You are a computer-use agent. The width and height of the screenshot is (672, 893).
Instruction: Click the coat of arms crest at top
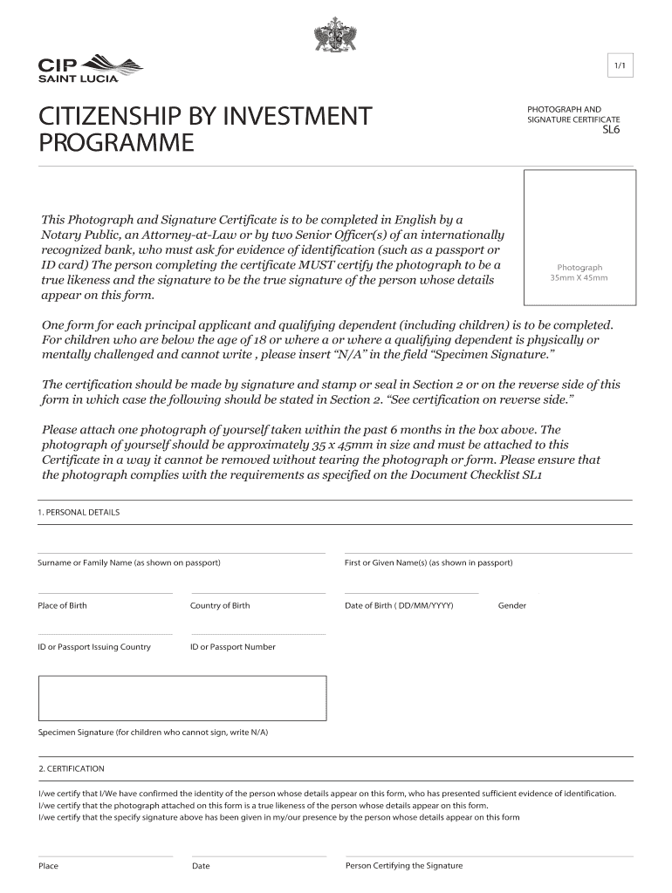(335, 36)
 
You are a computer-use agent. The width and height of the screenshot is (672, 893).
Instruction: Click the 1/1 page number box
(618, 65)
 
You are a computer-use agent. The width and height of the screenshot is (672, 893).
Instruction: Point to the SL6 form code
(612, 132)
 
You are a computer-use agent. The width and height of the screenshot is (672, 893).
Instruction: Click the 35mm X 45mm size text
(579, 278)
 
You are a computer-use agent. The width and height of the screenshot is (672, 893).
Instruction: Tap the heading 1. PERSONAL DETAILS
(79, 512)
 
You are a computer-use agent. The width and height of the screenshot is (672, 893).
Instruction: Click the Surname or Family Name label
(129, 562)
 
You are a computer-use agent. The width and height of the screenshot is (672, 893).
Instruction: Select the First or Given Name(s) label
(429, 562)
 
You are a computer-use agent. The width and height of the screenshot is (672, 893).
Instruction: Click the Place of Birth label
(62, 605)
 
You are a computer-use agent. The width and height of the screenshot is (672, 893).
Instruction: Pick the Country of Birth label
(220, 605)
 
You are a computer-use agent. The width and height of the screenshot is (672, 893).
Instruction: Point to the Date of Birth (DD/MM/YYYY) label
(399, 605)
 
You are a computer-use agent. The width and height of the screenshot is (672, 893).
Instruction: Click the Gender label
(512, 605)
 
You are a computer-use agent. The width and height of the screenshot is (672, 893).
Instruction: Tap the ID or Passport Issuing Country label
(94, 647)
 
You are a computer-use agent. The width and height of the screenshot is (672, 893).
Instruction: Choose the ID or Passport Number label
(232, 647)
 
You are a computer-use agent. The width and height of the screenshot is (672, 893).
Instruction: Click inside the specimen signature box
(182, 698)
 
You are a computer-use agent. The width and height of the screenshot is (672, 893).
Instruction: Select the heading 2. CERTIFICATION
(72, 768)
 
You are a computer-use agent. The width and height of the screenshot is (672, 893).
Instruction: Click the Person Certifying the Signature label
(404, 866)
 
